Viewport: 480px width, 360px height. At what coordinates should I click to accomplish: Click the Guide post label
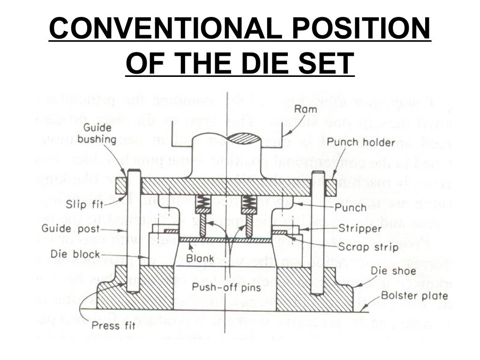[x=71, y=229]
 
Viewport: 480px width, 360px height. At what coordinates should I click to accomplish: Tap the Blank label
[x=200, y=258]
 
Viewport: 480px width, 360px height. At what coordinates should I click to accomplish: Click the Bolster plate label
[x=414, y=295]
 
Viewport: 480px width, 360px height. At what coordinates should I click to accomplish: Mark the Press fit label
[x=112, y=325]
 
